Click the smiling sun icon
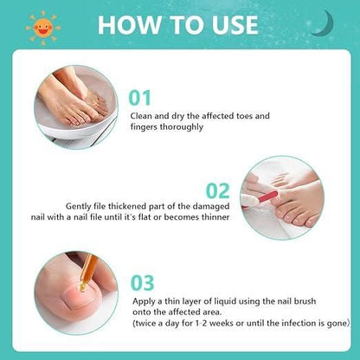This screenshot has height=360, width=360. [43, 28]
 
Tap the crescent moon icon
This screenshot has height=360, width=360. [325, 23]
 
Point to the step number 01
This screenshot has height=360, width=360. [140, 98]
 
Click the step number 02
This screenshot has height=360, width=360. [218, 191]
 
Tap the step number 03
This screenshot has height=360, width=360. [143, 283]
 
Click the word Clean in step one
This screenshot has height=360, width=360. [141, 116]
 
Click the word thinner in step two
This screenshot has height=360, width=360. [215, 217]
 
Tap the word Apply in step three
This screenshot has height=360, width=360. [145, 302]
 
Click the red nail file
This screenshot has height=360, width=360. [268, 196]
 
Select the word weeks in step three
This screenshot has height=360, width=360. [222, 323]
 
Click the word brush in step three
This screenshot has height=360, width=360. [305, 301]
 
